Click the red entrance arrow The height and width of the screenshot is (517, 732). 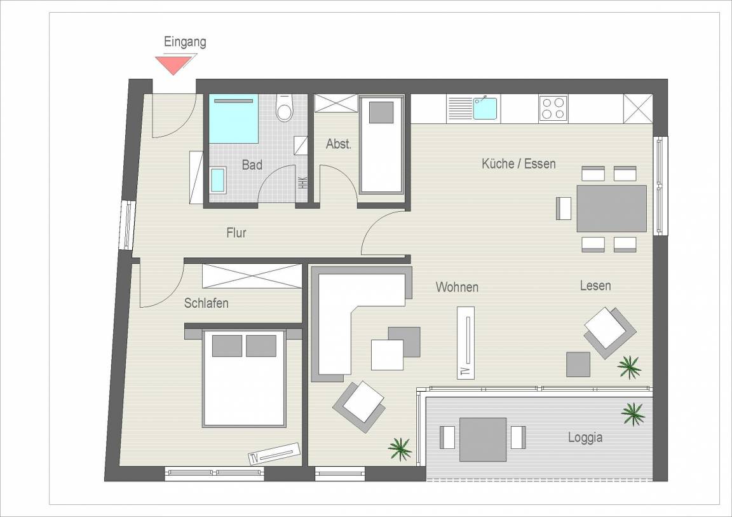tap(173, 64)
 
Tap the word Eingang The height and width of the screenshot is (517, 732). tap(185, 42)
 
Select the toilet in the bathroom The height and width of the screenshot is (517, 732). tap(284, 108)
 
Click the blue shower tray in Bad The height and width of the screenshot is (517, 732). tap(233, 119)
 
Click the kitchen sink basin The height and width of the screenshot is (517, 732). tap(485, 108)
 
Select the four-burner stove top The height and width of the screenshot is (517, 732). tap(553, 108)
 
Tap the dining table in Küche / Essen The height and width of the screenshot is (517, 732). tap(611, 209)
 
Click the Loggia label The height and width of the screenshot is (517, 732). tap(585, 438)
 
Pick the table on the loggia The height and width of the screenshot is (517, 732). tap(483, 439)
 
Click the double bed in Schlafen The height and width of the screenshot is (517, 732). tap(244, 379)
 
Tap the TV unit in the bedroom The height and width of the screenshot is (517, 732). tap(274, 453)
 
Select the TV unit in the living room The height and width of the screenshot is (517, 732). tap(465, 342)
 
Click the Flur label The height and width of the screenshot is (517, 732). tap(236, 233)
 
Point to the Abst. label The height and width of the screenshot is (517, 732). tap(339, 144)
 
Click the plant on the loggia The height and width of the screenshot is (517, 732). tap(633, 414)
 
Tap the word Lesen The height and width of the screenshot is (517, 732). tap(595, 286)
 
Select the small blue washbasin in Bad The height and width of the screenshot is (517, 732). tap(217, 180)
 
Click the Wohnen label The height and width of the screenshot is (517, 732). tap(457, 287)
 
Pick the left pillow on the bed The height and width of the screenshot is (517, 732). tap(227, 345)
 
